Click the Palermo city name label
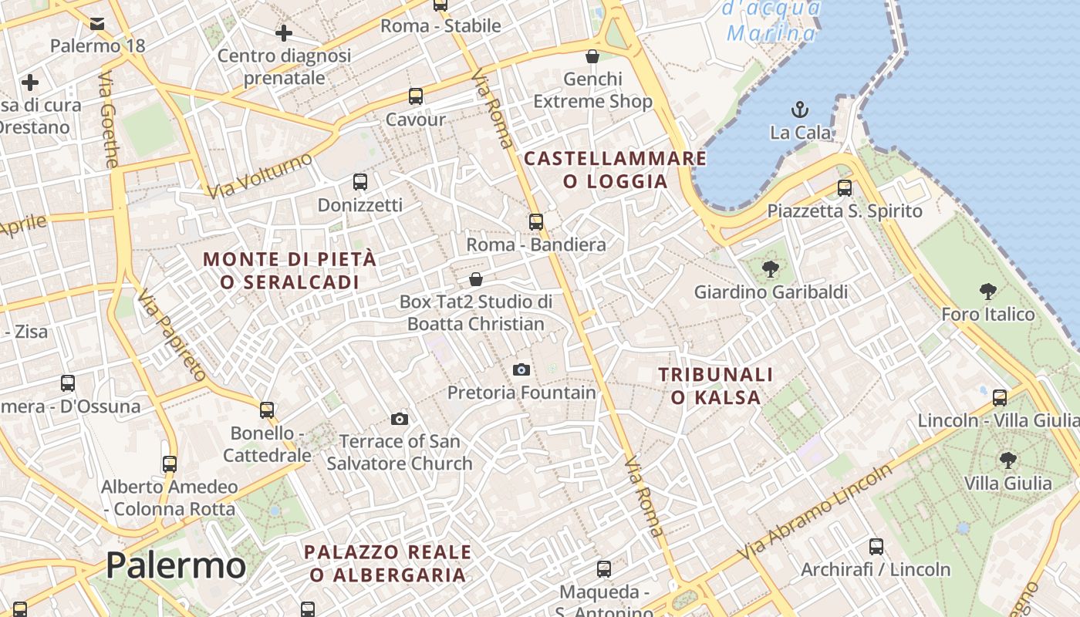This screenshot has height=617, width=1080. pyautogui.click(x=176, y=565)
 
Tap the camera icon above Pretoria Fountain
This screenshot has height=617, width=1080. pyautogui.click(x=521, y=370)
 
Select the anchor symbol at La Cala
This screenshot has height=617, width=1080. pyautogui.click(x=800, y=109)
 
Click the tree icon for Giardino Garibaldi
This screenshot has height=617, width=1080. pyautogui.click(x=770, y=269)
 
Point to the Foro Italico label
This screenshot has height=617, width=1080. pyautogui.click(x=987, y=314)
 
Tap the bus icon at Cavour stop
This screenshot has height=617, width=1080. pyautogui.click(x=416, y=96)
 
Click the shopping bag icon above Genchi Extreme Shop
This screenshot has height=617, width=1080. pyautogui.click(x=592, y=56)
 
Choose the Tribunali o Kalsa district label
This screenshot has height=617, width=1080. pyautogui.click(x=716, y=386)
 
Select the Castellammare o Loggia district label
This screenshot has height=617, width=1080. pyautogui.click(x=616, y=170)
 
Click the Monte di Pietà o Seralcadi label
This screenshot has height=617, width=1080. pyautogui.click(x=290, y=270)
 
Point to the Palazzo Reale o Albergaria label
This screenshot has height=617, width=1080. pyautogui.click(x=388, y=563)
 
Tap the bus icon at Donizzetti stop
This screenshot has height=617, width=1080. pyautogui.click(x=360, y=182)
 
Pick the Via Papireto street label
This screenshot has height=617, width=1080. pyautogui.click(x=173, y=335)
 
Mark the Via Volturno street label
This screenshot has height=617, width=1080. pyautogui.click(x=260, y=175)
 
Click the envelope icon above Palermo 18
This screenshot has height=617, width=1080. pyautogui.click(x=97, y=24)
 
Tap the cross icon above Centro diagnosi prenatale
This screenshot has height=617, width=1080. pyautogui.click(x=284, y=33)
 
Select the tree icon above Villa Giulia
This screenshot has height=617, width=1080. pyautogui.click(x=1007, y=460)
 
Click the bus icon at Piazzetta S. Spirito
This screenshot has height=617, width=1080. pyautogui.click(x=845, y=187)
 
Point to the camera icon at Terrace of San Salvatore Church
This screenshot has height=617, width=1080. pyautogui.click(x=400, y=419)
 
